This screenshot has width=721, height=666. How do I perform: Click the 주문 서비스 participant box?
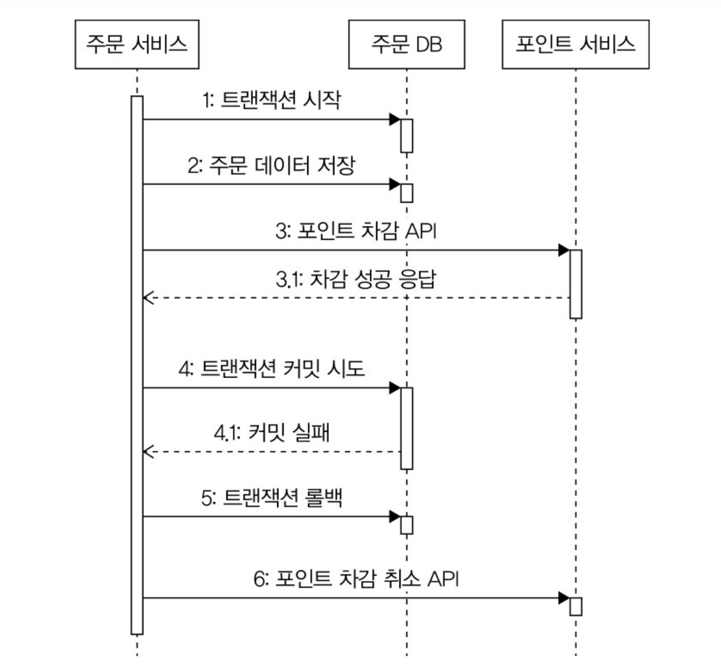click(137, 45)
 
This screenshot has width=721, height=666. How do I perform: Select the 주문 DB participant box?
click(407, 45)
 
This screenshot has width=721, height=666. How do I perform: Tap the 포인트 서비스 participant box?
click(576, 45)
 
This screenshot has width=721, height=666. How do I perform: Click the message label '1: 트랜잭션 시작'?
click(271, 100)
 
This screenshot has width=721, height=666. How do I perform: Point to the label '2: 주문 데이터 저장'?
click(271, 165)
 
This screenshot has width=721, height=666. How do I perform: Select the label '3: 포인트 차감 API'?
click(356, 231)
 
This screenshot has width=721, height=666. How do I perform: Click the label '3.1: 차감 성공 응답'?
click(356, 280)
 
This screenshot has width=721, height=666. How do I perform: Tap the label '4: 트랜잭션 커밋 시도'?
click(271, 369)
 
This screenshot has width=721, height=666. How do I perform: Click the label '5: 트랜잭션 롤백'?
click(271, 497)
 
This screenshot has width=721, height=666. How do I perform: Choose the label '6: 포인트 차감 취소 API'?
click(356, 579)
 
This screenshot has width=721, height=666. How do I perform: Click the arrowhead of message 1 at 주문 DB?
click(394, 120)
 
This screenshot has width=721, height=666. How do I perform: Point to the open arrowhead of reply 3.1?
click(148, 298)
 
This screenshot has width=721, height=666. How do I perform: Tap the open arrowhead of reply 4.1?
click(148, 452)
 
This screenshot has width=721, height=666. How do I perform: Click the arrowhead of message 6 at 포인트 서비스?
click(563, 598)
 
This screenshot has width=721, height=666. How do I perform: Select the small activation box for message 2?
click(407, 193)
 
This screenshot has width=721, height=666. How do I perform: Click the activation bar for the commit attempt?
click(407, 428)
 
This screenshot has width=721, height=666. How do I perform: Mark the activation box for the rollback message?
click(407, 525)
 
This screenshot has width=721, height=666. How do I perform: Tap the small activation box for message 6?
click(576, 607)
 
